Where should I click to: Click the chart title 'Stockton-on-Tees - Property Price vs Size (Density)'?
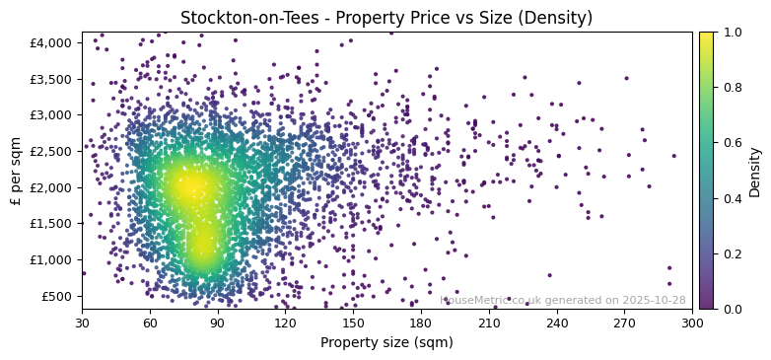pyautogui.click(x=385, y=18)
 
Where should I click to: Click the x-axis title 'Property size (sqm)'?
pyautogui.click(x=386, y=343)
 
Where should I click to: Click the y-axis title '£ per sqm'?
pyautogui.click(x=16, y=170)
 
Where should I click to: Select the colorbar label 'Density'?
pyautogui.click(x=755, y=172)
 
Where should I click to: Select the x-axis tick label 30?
pyautogui.click(x=82, y=323)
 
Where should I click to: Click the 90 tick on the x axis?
pyautogui.click(x=218, y=323)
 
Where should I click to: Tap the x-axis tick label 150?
pyautogui.click(x=353, y=323)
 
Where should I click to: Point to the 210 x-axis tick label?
pyautogui.click(x=489, y=323)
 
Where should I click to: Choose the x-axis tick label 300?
pyautogui.click(x=692, y=323)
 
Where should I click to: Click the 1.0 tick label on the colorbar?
pyautogui.click(x=732, y=33)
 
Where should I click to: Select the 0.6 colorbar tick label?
pyautogui.click(x=732, y=143)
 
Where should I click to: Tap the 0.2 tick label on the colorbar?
pyautogui.click(x=732, y=253)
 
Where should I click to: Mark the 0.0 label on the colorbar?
pyautogui.click(x=732, y=309)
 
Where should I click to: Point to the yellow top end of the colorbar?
pyautogui.click(x=706, y=36)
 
